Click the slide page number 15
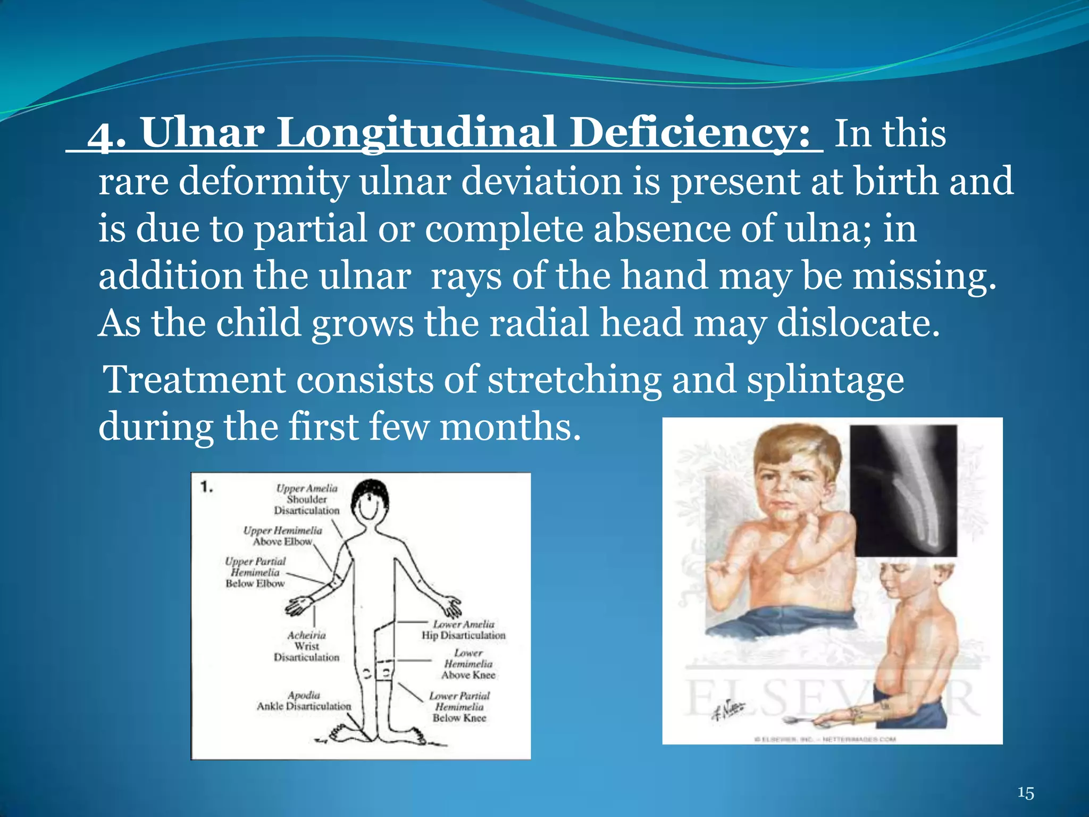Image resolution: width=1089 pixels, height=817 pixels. click(x=1025, y=793)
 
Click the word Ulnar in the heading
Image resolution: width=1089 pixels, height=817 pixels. click(x=202, y=133)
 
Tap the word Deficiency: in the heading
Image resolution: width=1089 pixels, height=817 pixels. click(x=690, y=134)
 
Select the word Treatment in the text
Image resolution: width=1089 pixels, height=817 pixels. click(x=195, y=380)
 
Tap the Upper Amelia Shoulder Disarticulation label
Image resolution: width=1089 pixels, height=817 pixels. click(x=307, y=499)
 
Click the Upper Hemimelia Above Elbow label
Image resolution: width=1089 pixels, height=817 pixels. click(x=282, y=536)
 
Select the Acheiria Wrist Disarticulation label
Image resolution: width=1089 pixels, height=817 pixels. click(x=307, y=646)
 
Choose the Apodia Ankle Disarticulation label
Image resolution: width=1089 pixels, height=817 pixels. click(x=304, y=701)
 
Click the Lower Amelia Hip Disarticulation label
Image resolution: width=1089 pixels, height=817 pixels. click(x=463, y=630)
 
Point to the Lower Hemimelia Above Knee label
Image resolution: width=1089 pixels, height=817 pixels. click(x=468, y=664)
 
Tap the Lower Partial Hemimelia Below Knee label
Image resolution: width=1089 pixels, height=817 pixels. click(x=459, y=707)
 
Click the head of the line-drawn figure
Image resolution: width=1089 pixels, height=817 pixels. click(x=371, y=503)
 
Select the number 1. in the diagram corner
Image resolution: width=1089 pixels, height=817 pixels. click(x=207, y=487)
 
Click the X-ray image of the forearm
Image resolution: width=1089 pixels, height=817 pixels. click(x=903, y=490)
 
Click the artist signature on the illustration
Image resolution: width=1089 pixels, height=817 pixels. click(x=728, y=710)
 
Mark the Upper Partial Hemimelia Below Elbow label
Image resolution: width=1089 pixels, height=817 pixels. click(x=255, y=572)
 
